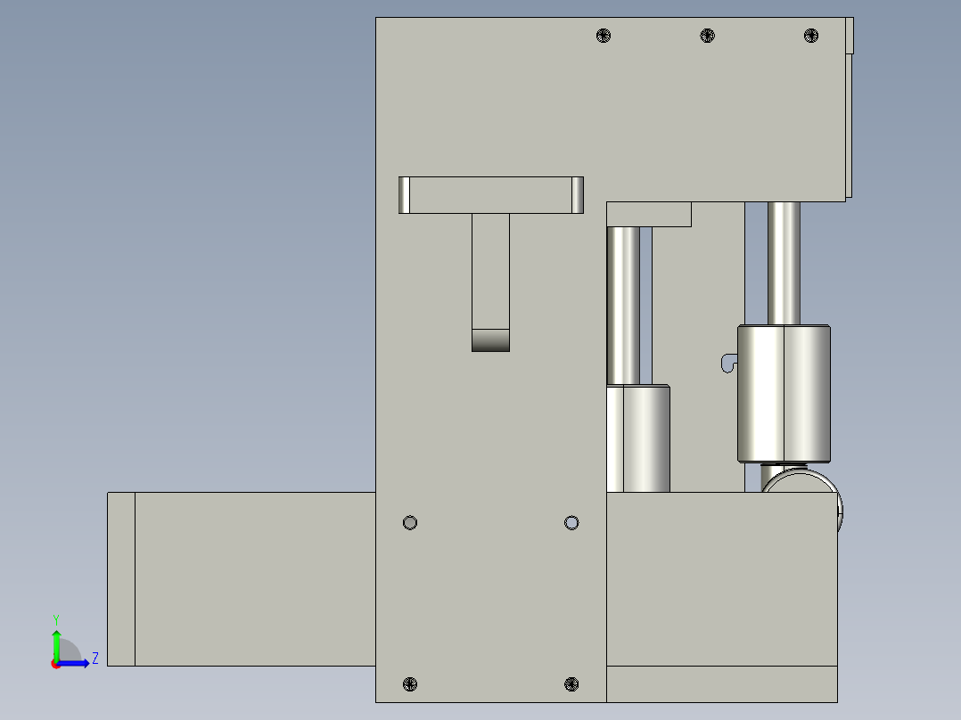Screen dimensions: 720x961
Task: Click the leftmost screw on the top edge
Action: click(604, 36)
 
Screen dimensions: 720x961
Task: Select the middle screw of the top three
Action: click(707, 36)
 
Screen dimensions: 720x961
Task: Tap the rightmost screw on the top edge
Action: click(810, 36)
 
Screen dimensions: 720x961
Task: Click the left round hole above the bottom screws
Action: click(410, 522)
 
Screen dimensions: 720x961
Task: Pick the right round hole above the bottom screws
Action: click(572, 522)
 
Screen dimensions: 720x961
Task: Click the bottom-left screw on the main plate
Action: click(410, 683)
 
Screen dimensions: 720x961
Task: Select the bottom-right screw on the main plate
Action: click(572, 683)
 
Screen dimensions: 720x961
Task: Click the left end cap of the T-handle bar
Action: click(404, 195)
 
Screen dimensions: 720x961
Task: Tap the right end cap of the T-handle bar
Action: click(577, 195)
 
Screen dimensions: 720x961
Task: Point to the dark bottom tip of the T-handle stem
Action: click(490, 340)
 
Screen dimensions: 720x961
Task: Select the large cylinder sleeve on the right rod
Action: click(784, 393)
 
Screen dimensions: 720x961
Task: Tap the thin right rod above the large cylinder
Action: click(784, 262)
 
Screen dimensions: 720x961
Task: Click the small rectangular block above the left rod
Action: click(649, 214)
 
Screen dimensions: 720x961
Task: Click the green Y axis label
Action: click(56, 618)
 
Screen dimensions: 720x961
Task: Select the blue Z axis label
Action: click(94, 659)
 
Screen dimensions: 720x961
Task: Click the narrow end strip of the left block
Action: click(121, 579)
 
